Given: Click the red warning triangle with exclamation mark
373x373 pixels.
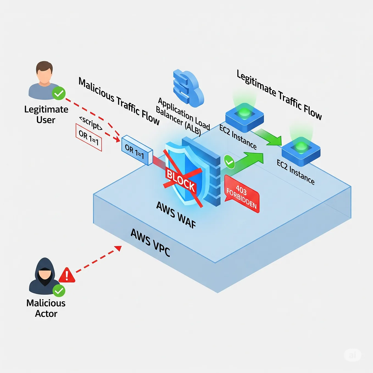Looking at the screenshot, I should click(67, 275).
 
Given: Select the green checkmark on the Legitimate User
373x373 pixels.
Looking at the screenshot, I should click(59, 93).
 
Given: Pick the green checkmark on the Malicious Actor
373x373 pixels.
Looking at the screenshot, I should click(59, 290).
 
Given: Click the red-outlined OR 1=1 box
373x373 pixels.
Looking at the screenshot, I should click(88, 137).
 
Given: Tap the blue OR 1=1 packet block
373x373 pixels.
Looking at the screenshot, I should click(137, 151).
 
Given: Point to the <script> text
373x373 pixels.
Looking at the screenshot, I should click(91, 123).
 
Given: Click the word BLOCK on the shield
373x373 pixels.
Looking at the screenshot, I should click(180, 180).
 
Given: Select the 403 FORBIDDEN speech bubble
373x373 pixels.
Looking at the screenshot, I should click(241, 194).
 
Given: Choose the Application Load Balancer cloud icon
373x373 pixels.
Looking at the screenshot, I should click(188, 88).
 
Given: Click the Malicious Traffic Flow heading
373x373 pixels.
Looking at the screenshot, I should click(119, 101).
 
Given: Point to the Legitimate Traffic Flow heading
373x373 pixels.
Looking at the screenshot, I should click(279, 95).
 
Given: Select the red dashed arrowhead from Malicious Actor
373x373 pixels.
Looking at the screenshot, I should click(118, 248).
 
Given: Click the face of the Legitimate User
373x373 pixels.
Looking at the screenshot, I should click(44, 74).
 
